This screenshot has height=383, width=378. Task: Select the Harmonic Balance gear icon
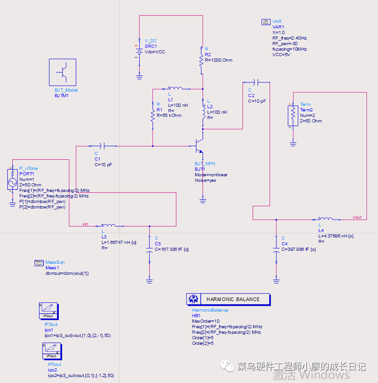click(x=193, y=299)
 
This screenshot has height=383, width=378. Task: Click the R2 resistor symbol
click(x=201, y=60)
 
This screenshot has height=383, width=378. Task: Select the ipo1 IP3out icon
click(x=49, y=311)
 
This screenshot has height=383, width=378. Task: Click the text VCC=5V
click(x=281, y=54)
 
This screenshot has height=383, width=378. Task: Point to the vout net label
click(x=357, y=217)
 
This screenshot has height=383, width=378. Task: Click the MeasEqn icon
click(x=39, y=262)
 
